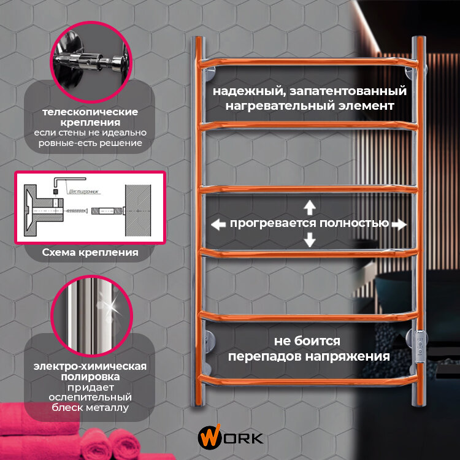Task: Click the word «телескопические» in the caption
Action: [90, 113]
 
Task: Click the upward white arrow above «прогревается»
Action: [310, 207]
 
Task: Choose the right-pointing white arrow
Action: [399, 224]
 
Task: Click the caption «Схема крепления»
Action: [90, 252]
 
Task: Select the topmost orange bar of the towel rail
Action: [310, 62]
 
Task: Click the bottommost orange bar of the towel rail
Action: [310, 381]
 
